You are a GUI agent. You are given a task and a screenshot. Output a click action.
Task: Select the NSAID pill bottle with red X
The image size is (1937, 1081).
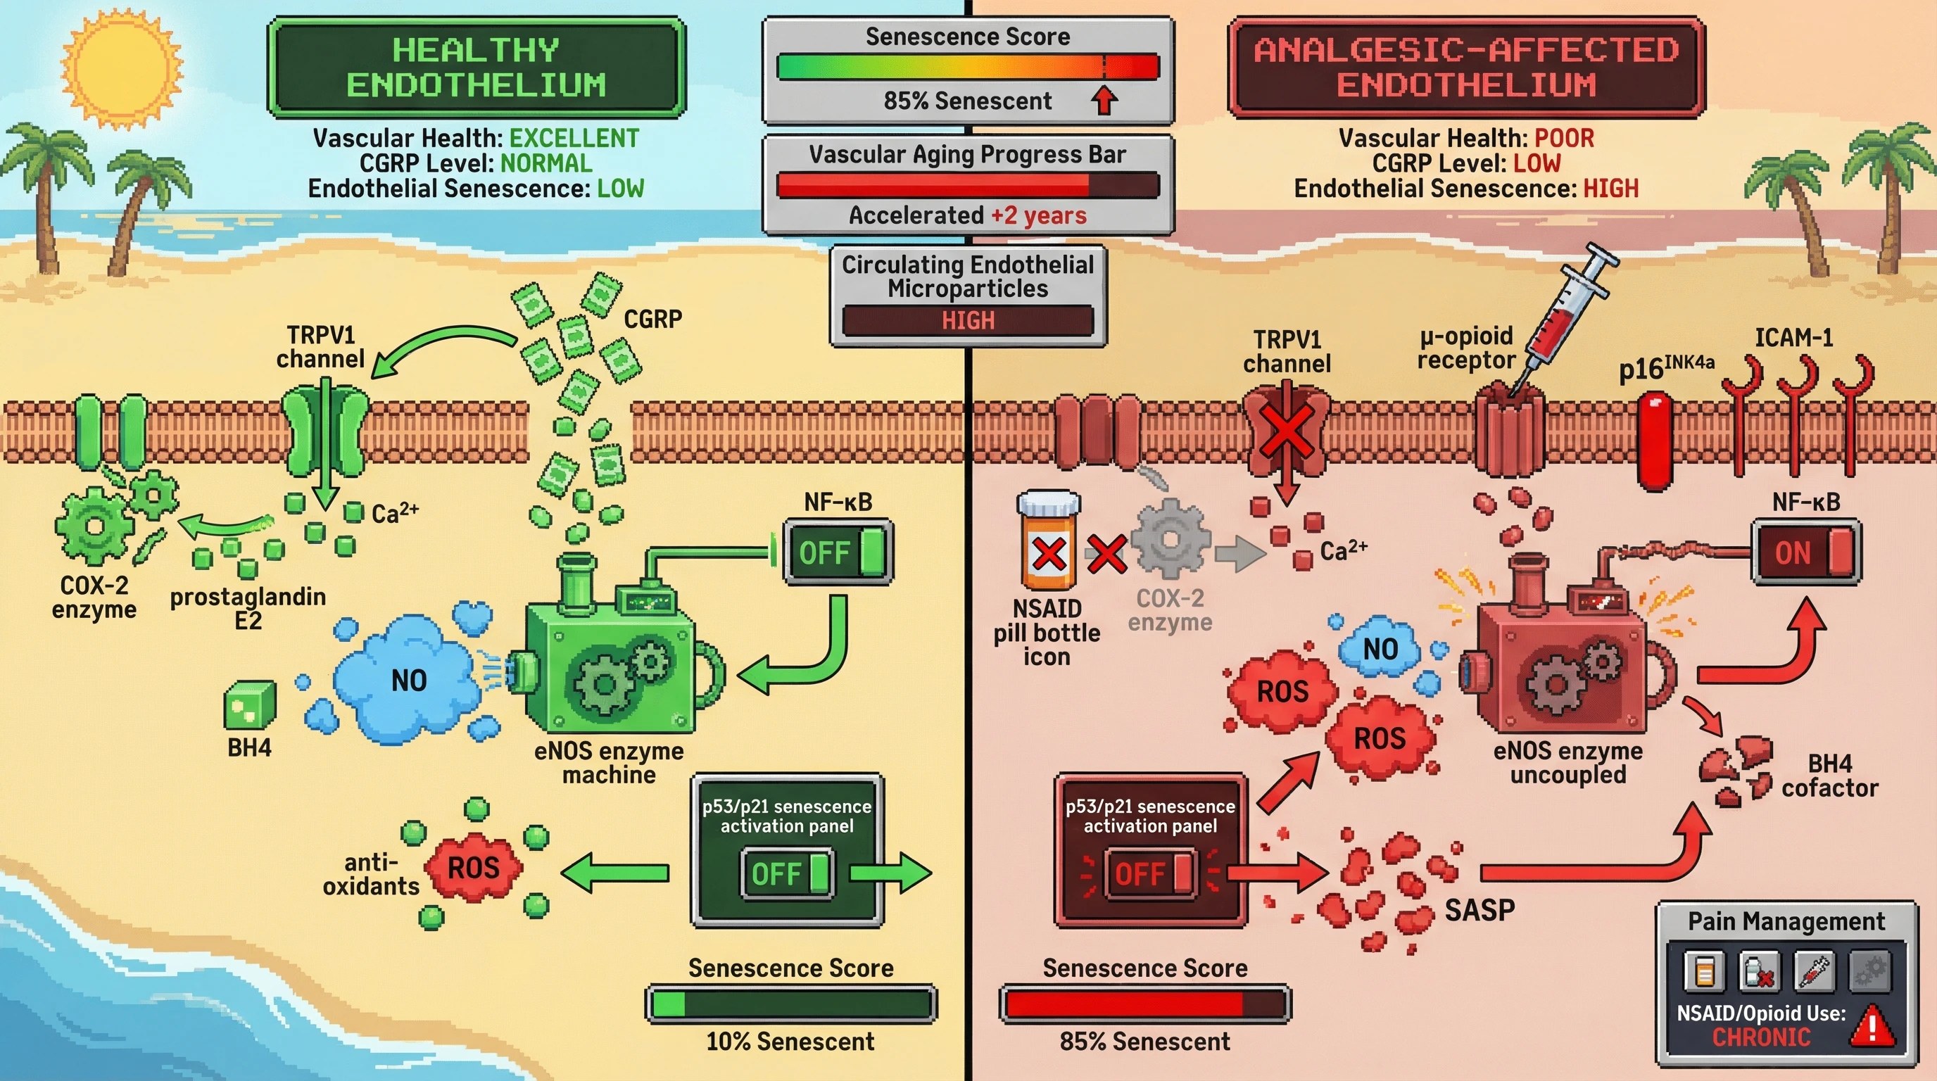tap(1048, 541)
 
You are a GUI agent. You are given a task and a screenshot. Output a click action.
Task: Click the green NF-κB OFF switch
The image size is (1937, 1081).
tap(838, 552)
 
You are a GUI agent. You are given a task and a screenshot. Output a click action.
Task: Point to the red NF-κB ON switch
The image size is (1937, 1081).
tap(1806, 552)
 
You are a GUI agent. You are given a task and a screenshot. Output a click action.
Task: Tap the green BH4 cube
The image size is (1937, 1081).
tap(250, 704)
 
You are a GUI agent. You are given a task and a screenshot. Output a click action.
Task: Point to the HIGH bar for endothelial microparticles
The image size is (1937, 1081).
tap(968, 321)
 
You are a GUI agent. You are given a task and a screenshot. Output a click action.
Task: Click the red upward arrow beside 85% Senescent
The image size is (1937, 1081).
tap(1104, 100)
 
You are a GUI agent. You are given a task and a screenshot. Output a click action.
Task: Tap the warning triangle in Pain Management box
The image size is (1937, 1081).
tap(1872, 1027)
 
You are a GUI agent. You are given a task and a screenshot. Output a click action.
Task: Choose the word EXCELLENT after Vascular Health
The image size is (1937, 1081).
tap(574, 139)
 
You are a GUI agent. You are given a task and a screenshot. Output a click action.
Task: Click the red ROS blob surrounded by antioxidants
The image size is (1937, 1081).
tap(474, 868)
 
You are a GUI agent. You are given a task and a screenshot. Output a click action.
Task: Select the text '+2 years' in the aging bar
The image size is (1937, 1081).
tap(1038, 216)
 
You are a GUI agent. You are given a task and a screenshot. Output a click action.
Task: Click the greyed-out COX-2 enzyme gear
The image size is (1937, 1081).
tap(1169, 540)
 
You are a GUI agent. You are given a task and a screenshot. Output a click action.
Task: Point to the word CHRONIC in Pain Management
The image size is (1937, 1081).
tap(1761, 1037)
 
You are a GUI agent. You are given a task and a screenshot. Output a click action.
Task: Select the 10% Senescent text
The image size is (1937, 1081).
tap(790, 1041)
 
